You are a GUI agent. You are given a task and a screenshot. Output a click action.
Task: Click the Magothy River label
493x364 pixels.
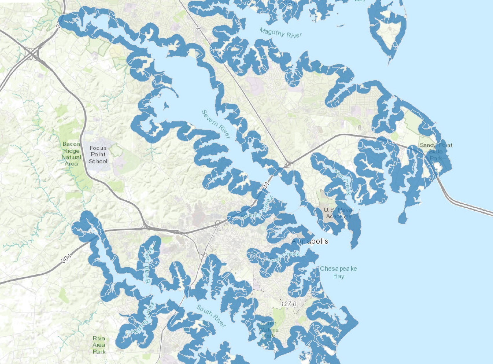click(x=280, y=32)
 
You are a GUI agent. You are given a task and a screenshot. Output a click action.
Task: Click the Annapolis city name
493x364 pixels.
click(x=310, y=241)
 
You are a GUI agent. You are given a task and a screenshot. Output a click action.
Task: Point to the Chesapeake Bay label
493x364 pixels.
click(x=338, y=272)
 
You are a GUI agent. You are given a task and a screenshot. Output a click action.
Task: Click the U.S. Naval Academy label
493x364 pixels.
click(x=338, y=213)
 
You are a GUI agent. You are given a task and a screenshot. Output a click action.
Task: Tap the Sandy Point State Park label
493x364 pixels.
click(x=436, y=151)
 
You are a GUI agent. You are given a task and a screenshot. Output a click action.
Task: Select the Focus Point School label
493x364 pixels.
click(x=98, y=155)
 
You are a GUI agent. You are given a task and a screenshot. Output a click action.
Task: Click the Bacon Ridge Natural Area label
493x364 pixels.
click(x=71, y=154)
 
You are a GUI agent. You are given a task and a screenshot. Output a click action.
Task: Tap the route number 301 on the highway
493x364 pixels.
click(x=66, y=257)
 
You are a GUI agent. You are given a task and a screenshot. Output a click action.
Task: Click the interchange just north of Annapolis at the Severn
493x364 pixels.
click(x=287, y=165)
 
